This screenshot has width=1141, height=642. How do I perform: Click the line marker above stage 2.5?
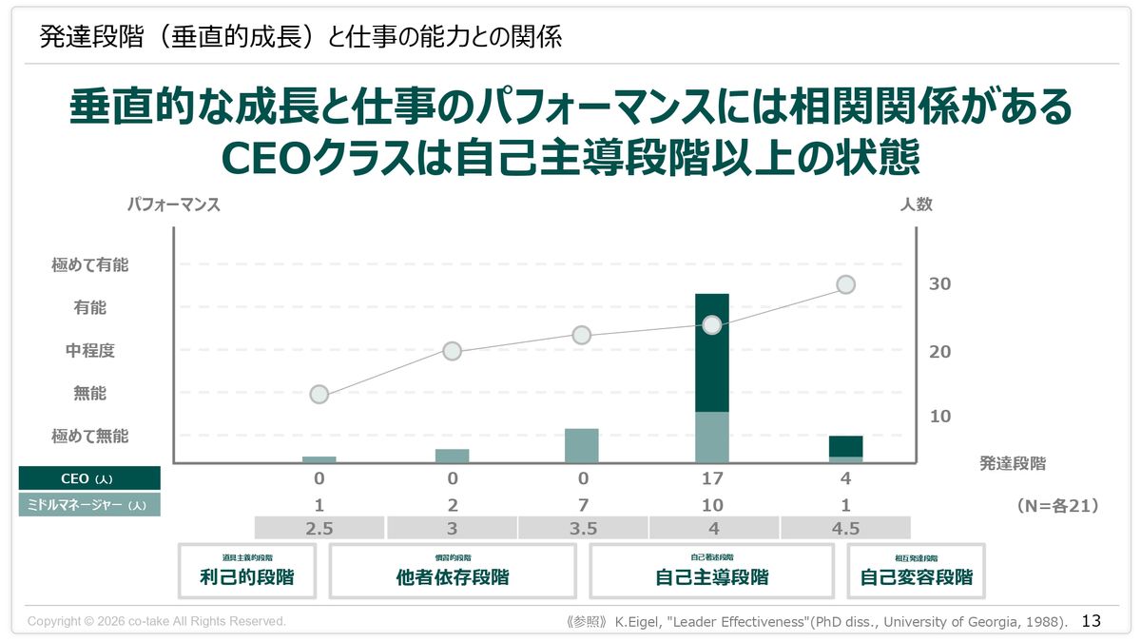[x=319, y=395]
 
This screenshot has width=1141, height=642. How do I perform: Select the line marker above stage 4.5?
[x=845, y=284]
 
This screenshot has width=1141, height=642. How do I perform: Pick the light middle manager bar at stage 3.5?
[x=582, y=445]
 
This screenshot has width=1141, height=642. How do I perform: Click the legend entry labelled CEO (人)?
[x=89, y=478]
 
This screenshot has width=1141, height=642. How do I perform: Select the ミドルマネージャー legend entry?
[x=89, y=505]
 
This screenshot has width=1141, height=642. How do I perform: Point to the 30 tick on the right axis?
[x=939, y=284]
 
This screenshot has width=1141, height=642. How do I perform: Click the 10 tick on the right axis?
[x=939, y=417]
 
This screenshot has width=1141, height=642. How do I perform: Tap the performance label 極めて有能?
[x=89, y=265]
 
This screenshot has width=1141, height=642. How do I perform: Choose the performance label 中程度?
[x=89, y=351]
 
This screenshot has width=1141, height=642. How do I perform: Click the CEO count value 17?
[x=712, y=478]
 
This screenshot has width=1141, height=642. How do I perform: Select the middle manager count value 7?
[x=582, y=505]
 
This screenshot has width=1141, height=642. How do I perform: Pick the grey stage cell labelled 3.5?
[x=582, y=529]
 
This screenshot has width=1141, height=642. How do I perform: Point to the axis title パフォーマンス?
[x=174, y=204]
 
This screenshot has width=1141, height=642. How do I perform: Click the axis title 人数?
[x=917, y=204]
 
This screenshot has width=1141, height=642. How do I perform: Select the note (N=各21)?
[x=1057, y=506]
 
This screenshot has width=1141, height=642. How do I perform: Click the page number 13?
[x=1092, y=621]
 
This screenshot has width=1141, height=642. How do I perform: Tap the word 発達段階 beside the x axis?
[x=1013, y=464]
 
